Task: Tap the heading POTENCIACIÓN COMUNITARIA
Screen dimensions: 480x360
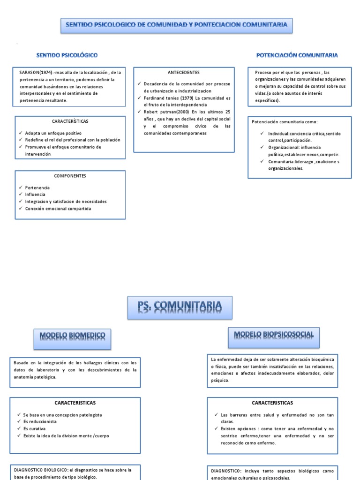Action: pos(297,55)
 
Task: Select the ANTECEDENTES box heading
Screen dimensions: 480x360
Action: pos(184,73)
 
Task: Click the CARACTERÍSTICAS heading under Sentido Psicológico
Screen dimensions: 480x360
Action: pos(70,121)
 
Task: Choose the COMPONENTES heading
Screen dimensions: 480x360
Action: pos(70,176)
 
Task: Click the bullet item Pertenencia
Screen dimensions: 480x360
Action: pos(37,187)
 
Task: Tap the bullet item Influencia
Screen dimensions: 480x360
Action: pos(36,195)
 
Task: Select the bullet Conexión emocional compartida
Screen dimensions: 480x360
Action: pos(58,209)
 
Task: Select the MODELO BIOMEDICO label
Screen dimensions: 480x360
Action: pos(72,336)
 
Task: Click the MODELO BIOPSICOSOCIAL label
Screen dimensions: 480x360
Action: pos(274,335)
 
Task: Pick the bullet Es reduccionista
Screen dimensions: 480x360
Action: pos(40,422)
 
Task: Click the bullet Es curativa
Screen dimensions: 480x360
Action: pos(33,429)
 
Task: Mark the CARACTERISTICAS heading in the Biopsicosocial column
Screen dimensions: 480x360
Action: pos(272,403)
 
